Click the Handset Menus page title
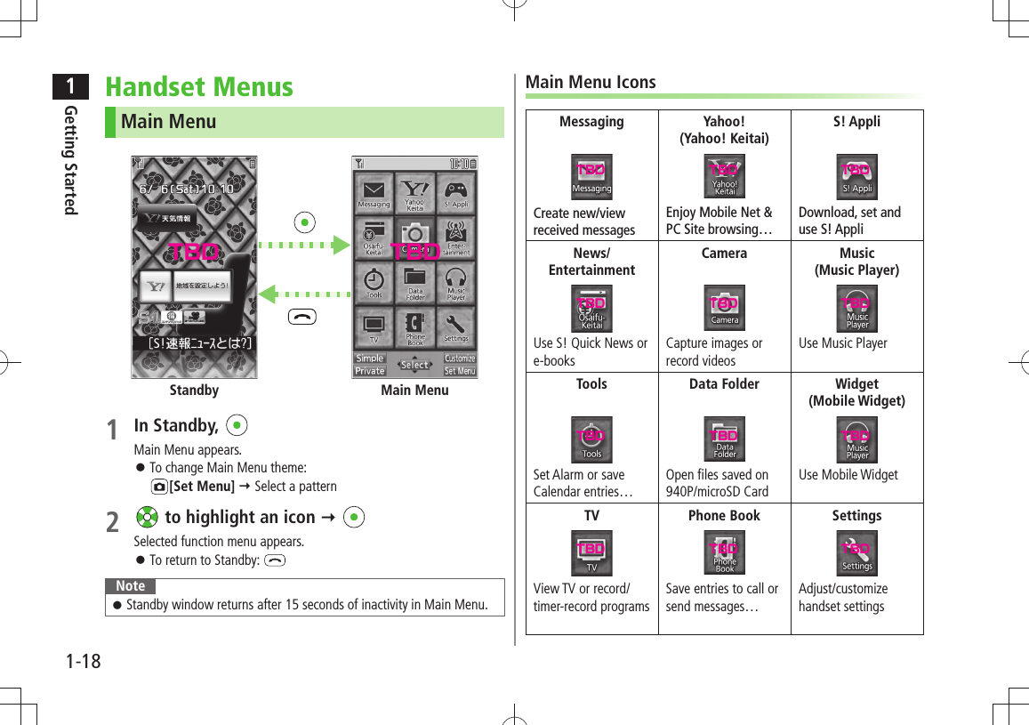[x=198, y=87]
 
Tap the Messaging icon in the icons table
[x=591, y=176]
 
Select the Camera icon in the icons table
[x=724, y=308]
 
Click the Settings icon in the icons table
[x=856, y=553]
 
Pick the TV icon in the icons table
[x=591, y=553]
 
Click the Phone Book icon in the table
[x=724, y=553]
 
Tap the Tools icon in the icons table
[x=591, y=439]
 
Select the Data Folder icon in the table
[x=724, y=439]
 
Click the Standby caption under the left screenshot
[x=194, y=390]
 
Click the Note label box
[x=131, y=585]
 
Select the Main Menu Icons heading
[x=591, y=82]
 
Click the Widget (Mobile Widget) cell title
[x=856, y=392]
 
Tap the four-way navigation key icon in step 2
[x=148, y=518]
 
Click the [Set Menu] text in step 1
[x=202, y=486]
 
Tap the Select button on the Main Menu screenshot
[x=414, y=365]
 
